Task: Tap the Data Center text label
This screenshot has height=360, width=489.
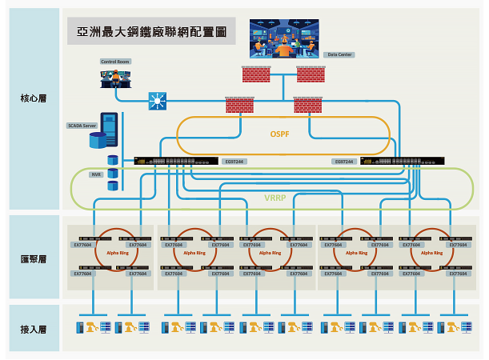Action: [x=340, y=55]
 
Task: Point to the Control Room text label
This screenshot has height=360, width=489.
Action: [x=115, y=61]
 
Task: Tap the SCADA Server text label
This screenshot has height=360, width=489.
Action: [x=81, y=126]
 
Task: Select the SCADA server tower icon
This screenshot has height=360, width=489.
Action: [x=107, y=131]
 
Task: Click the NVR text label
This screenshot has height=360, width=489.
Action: [x=96, y=174]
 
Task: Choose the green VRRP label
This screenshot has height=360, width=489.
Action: [x=275, y=198]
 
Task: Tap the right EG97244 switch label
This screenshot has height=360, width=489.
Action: [x=344, y=162]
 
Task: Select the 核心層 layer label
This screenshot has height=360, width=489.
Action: [x=34, y=99]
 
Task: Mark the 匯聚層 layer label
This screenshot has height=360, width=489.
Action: [x=34, y=259]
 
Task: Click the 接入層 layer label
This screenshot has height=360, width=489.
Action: [x=34, y=329]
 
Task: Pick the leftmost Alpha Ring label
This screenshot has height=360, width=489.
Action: [x=117, y=252]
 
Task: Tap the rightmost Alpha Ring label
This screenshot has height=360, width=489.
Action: [x=432, y=252]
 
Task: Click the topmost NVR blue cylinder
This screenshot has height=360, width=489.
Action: [x=113, y=161]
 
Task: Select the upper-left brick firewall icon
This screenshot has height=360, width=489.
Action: [x=257, y=74]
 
